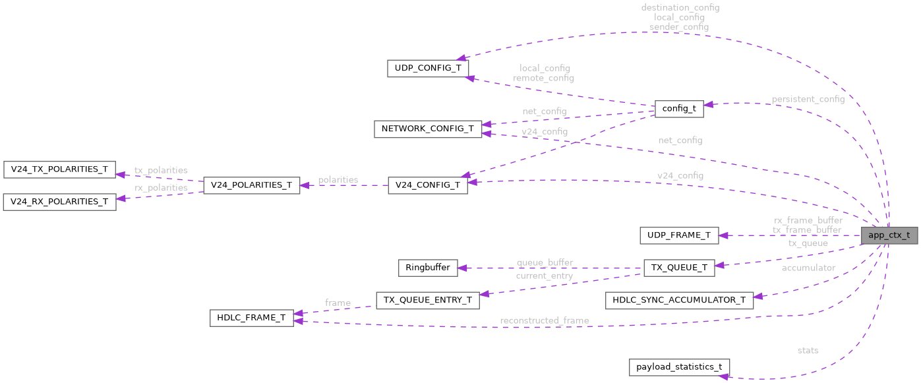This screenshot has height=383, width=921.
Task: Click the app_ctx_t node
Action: (889, 235)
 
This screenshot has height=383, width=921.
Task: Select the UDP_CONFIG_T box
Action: (427, 68)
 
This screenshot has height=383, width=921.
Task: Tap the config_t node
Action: (678, 109)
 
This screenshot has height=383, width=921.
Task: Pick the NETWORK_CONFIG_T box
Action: (428, 129)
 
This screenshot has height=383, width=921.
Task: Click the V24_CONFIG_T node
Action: (427, 185)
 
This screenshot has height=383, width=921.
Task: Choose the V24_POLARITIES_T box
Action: (251, 185)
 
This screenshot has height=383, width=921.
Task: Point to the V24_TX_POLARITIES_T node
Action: (59, 169)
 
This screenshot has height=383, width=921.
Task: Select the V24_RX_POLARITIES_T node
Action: (59, 202)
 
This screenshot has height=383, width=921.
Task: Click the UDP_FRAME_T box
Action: (678, 235)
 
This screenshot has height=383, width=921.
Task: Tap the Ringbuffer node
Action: (427, 268)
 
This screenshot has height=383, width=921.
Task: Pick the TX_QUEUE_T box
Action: (678, 268)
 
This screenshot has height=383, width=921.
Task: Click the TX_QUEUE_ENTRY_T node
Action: (427, 300)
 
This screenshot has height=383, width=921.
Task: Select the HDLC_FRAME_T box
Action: (251, 317)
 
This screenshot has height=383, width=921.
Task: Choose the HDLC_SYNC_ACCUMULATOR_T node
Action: (678, 300)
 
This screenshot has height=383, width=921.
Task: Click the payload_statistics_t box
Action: (678, 367)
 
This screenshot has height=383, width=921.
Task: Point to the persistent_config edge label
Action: (808, 99)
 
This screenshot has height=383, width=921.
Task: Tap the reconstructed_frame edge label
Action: (544, 320)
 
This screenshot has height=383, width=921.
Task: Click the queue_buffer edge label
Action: (544, 262)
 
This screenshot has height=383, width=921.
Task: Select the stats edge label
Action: (808, 350)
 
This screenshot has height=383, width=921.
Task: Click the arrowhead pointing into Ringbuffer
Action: (462, 268)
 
